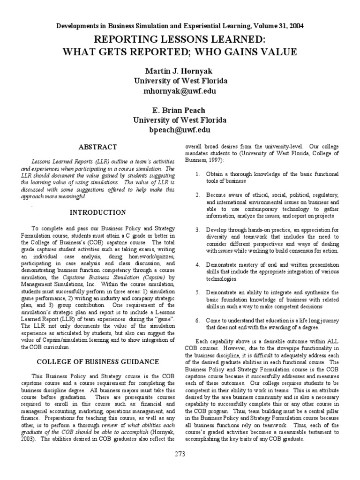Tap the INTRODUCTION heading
(98, 212)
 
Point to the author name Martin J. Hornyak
(180, 70)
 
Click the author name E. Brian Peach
(180, 111)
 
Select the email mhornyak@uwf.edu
(180, 90)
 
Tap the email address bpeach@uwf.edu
(180, 130)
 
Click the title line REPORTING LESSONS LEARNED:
(180, 38)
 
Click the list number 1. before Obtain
(198, 174)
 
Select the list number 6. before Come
(198, 320)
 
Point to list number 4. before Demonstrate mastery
(198, 265)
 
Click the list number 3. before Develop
(198, 230)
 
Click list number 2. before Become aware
(198, 195)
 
